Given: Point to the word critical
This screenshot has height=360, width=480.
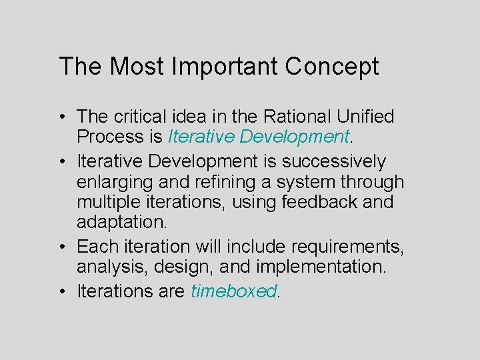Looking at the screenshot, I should (141, 117).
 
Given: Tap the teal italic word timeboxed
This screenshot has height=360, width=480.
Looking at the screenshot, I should (233, 291).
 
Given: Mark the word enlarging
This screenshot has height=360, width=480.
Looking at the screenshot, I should (114, 182).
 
